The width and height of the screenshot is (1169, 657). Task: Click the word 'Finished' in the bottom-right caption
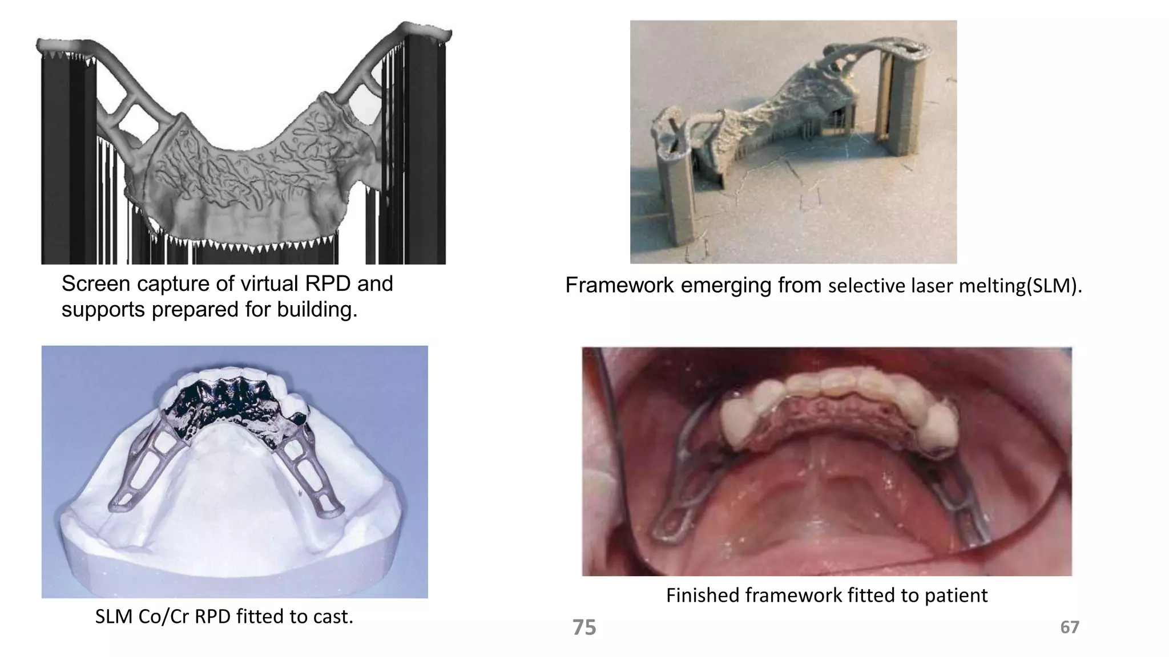(x=703, y=595)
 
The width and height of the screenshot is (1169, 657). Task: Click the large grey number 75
(x=584, y=627)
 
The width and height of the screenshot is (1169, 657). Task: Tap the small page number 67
(x=1069, y=627)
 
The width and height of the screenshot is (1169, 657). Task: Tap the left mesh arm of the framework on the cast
(x=143, y=468)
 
